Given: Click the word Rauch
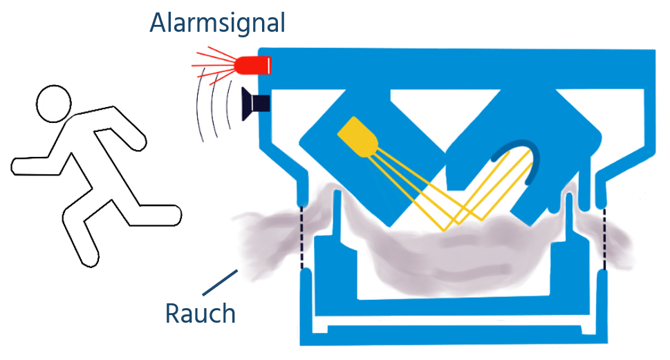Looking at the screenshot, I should point(201,313).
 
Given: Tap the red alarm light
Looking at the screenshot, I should point(254,66).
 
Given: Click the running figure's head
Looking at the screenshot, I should point(53,104).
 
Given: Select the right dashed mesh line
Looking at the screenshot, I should point(604,238).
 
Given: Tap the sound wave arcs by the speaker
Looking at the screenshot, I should point(214,104).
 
